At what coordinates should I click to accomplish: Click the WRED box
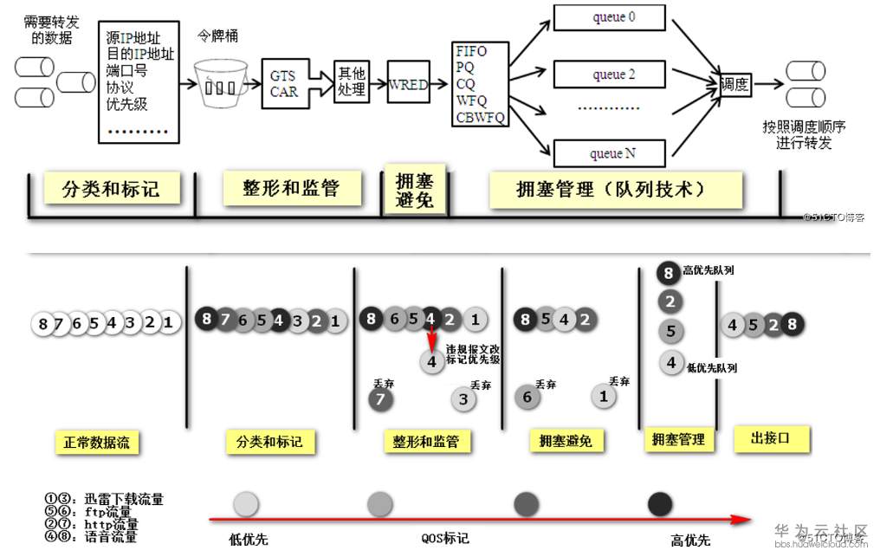coord(409,84)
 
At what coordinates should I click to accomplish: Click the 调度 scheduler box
coord(735,84)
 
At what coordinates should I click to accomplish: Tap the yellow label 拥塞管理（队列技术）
coord(616,188)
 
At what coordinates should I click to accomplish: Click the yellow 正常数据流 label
coord(96,443)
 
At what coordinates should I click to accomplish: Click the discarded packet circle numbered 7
coord(379,399)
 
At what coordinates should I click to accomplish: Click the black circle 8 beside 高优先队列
coord(669,272)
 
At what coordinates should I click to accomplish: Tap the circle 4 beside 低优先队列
coord(670,363)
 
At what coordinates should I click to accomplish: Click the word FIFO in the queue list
coord(472,51)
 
